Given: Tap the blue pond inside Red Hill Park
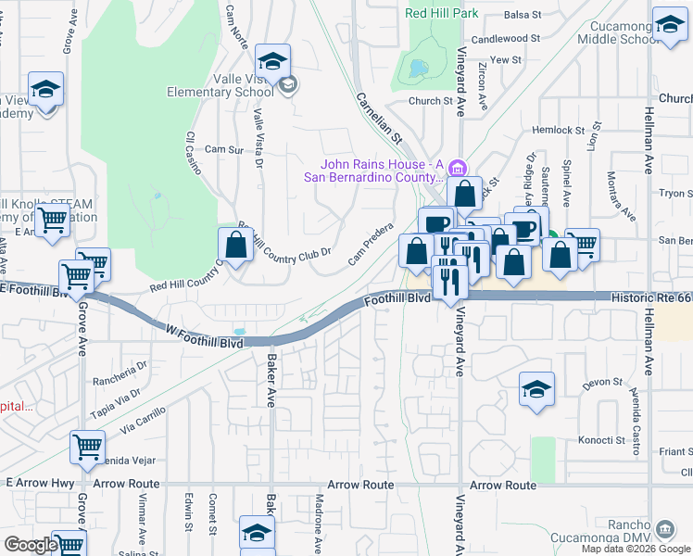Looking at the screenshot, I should (x=418, y=68).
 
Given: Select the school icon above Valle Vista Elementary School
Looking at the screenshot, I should (x=273, y=61).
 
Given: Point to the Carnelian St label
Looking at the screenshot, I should (x=379, y=115).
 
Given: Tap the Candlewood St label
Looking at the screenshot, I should (x=505, y=39).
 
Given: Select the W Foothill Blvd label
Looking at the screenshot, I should (x=205, y=342).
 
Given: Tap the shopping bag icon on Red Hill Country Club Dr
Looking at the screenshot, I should (x=236, y=246).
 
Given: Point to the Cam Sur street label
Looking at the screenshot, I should (x=223, y=149).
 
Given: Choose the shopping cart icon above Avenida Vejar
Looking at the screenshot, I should (x=87, y=447).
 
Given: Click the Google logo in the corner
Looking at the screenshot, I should (x=31, y=545).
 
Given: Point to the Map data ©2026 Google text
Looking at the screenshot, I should (x=635, y=549).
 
